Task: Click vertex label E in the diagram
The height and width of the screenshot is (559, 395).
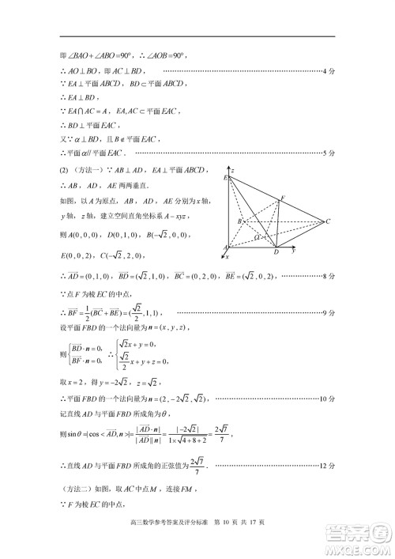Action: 226,179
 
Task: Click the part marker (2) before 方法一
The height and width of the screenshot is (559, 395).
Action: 65,169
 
